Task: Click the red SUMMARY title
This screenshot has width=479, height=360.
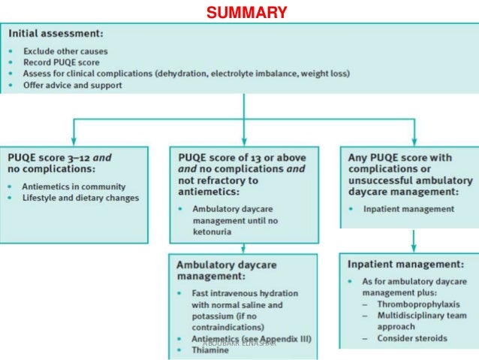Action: (x=246, y=13)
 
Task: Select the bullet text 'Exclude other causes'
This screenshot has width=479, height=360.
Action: (x=65, y=51)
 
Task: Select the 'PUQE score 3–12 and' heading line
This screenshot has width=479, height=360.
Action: (x=59, y=159)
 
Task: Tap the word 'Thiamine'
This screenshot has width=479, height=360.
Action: (x=212, y=350)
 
